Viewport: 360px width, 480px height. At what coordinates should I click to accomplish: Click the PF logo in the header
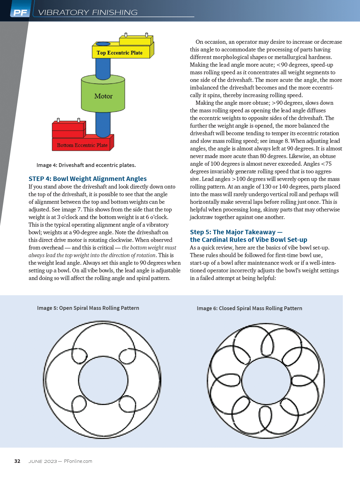coord(21,12)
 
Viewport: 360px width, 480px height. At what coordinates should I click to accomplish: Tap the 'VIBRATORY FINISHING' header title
coord(88,12)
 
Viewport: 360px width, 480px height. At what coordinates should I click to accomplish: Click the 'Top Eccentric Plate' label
coord(119,53)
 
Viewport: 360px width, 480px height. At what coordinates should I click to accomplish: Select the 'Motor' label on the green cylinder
coord(103,96)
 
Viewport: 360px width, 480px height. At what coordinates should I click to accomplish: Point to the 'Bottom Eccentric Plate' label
coord(82,145)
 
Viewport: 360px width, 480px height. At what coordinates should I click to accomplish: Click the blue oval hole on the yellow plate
coord(103,44)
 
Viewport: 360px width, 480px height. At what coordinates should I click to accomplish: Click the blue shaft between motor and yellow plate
coord(103,68)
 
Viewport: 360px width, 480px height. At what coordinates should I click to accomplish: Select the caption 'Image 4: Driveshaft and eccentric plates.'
coord(86,165)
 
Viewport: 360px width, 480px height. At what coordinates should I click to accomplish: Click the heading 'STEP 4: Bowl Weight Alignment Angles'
coord(88,179)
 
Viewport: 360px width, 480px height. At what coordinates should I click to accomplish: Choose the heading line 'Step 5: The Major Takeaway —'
coord(236,232)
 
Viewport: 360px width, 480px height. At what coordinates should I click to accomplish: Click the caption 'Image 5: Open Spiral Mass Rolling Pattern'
coord(88,308)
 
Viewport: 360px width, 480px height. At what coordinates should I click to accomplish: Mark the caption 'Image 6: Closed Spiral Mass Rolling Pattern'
coord(249,308)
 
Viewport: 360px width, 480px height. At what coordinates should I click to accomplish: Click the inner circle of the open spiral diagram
coord(103,380)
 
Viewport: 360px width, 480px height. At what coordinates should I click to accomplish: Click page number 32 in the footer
coord(17,461)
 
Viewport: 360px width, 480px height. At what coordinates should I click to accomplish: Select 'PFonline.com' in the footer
coord(78,461)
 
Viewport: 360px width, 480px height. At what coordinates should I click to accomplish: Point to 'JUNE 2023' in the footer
coord(43,461)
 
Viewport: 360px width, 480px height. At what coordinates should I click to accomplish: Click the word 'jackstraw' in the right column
coord(202,217)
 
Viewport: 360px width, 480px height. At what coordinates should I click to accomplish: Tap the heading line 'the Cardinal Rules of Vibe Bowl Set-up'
coord(249,240)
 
